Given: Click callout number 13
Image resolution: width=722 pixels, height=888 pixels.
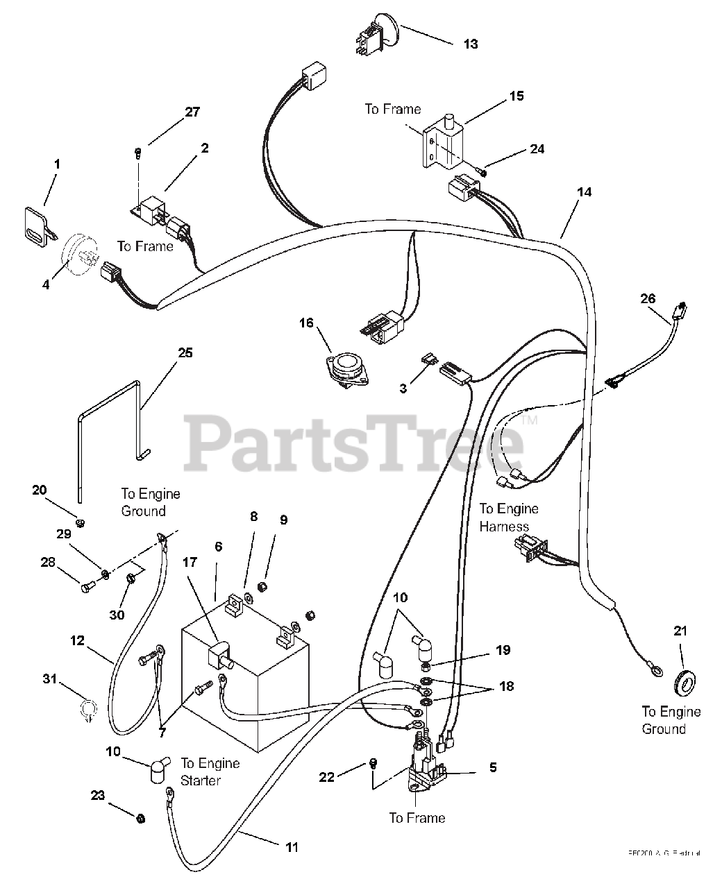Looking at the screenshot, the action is [x=471, y=44].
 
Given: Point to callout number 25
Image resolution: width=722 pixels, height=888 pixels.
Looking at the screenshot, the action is [x=185, y=352].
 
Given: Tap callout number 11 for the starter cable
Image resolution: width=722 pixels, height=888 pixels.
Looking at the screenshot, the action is [x=292, y=846].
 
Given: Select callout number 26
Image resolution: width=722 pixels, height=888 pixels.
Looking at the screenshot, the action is [x=647, y=298].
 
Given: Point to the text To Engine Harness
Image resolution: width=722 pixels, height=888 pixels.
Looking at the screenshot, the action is [x=509, y=518].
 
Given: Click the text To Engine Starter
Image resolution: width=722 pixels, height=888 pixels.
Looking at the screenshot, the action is [x=210, y=771].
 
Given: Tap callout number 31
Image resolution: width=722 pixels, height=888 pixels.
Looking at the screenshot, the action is [x=49, y=679].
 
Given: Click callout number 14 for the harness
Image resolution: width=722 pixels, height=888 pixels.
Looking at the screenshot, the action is [x=585, y=191].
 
